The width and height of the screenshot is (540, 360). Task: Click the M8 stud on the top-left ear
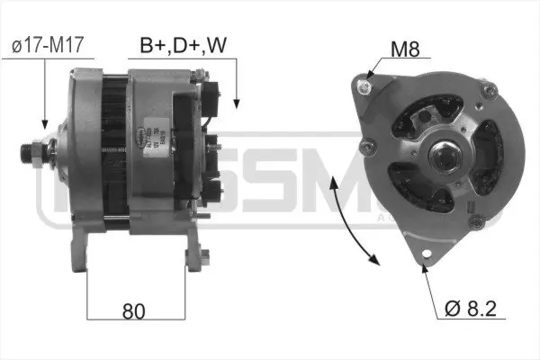click(x=364, y=85)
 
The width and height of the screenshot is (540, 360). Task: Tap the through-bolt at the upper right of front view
click(x=490, y=89)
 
